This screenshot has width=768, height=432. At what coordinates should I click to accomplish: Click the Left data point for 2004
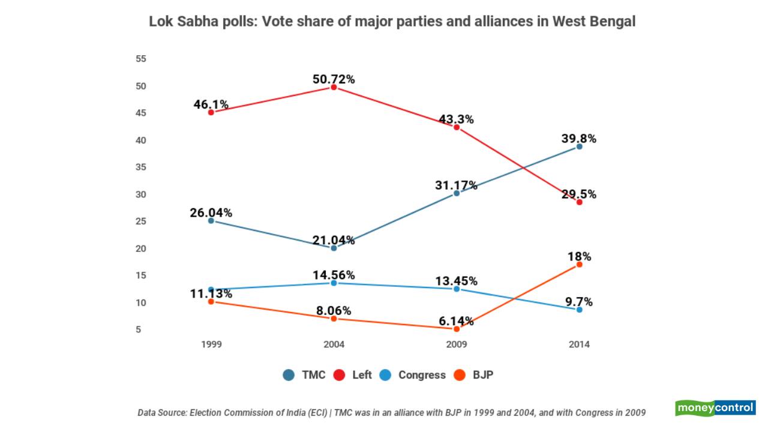[334, 87]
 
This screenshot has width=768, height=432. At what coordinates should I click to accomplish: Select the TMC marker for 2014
[579, 146]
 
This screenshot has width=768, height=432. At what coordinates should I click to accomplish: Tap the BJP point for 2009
[457, 329]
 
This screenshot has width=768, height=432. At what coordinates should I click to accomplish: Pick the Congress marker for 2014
[579, 310]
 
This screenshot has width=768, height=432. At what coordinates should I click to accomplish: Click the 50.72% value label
[334, 79]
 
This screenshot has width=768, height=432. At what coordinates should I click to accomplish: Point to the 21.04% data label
[334, 241]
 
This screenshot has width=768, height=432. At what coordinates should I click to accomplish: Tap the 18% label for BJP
[579, 257]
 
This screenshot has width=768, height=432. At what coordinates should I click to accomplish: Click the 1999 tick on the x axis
[211, 344]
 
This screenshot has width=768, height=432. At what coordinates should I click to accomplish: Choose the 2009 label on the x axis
[457, 344]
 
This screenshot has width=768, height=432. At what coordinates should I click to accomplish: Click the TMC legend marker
[289, 375]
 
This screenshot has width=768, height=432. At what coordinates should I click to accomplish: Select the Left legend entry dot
[339, 375]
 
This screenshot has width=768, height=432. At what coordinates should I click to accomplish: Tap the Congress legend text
[422, 375]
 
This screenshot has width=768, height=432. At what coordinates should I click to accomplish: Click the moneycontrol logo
[715, 408]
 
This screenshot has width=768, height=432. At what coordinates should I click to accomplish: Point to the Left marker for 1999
[211, 112]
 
